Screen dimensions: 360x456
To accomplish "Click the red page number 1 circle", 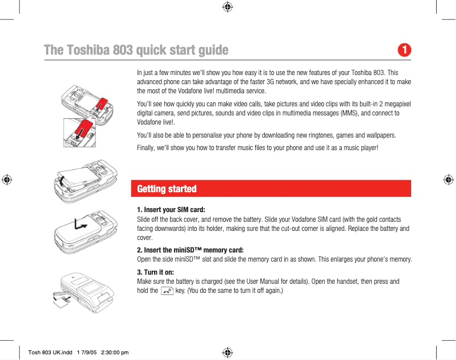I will pyautogui.click(x=404, y=50).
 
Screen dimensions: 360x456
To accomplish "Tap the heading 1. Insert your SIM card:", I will pyautogui.click(x=171, y=210).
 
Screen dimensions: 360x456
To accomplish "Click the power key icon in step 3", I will pyautogui.click(x=167, y=291).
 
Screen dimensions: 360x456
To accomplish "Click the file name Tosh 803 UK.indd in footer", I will pyautogui.click(x=50, y=353).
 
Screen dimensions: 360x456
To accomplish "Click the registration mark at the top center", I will pyautogui.click(x=227, y=7).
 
